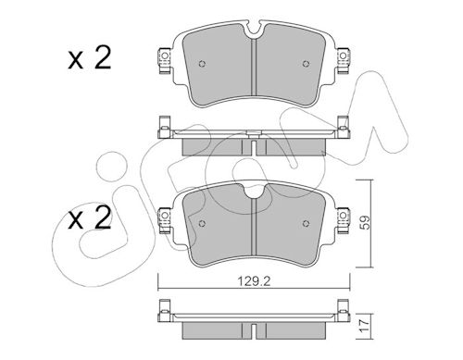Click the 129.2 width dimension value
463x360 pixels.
point(254,281)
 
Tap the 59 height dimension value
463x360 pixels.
point(366,222)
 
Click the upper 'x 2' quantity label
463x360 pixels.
point(89,58)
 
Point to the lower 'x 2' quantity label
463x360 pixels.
point(89,217)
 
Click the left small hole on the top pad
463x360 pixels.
point(202,64)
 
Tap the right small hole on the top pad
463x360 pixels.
point(306,64)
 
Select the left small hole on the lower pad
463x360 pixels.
point(202,224)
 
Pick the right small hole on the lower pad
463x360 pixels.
point(306,224)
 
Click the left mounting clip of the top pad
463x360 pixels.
point(164,60)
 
